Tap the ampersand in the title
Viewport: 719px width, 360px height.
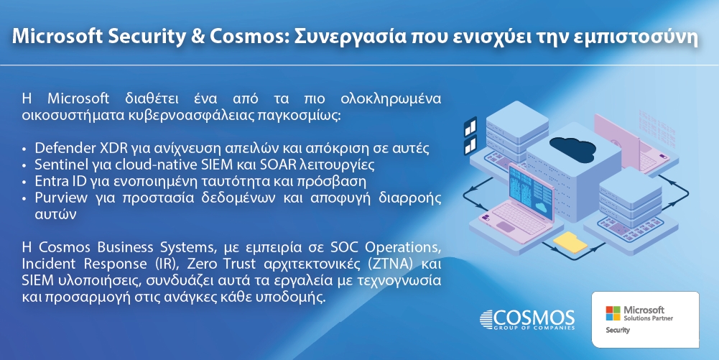point(198,37)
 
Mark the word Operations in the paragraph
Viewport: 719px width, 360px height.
point(403,248)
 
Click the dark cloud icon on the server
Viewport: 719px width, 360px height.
point(572,148)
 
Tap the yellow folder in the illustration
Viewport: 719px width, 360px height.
point(570,241)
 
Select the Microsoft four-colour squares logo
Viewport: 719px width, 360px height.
point(613,313)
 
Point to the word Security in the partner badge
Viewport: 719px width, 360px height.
point(618,331)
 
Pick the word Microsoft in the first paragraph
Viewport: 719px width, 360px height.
point(78,98)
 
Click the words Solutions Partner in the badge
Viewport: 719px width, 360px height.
point(649,318)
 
